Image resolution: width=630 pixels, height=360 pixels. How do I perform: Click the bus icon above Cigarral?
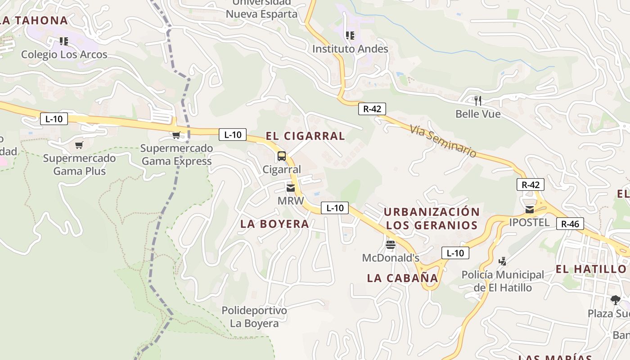(x=282, y=156)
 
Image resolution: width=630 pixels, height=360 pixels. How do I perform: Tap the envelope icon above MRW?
(x=291, y=188)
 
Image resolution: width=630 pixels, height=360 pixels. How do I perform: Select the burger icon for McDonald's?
(x=390, y=245)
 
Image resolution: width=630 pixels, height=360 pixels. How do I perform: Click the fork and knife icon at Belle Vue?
(x=478, y=100)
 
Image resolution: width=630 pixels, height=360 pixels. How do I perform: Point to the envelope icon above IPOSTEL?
(x=530, y=209)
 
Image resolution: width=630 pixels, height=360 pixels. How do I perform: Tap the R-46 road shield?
(x=570, y=224)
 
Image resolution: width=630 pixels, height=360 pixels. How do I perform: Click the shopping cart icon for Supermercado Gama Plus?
(x=79, y=145)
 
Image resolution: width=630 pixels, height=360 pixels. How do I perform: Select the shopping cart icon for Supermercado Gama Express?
(x=176, y=135)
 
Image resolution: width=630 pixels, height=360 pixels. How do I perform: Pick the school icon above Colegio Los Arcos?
(x=64, y=41)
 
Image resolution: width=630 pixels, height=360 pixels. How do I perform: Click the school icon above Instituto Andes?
(x=350, y=35)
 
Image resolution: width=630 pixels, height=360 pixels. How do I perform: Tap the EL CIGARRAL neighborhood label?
(x=305, y=136)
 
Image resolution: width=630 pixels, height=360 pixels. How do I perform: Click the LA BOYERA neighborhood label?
(x=274, y=224)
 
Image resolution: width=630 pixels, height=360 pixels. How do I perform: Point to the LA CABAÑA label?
(x=402, y=278)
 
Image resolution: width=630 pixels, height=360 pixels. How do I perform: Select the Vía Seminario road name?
(x=443, y=141)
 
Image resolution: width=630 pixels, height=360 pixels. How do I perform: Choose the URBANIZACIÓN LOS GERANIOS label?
(x=432, y=218)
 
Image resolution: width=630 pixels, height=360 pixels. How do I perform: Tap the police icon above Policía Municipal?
(x=503, y=261)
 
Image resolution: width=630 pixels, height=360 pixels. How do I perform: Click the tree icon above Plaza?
(x=615, y=300)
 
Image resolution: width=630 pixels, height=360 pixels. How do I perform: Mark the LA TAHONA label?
(x=34, y=20)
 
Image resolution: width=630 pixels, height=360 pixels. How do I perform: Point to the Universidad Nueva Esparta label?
(x=261, y=8)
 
